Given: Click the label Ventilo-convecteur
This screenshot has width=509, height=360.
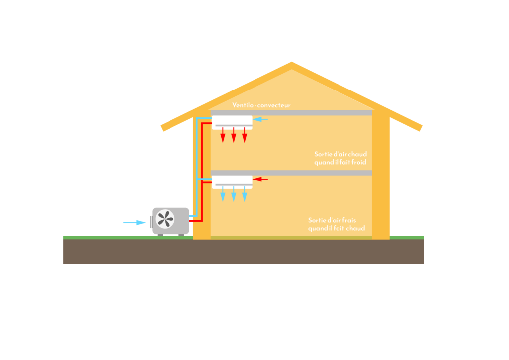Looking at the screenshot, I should tap(261, 105).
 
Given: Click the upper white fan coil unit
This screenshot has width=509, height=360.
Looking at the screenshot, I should tap(232, 121).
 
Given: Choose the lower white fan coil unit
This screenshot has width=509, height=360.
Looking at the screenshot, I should tap(232, 181).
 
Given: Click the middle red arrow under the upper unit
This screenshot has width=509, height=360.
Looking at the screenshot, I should tap(234, 135).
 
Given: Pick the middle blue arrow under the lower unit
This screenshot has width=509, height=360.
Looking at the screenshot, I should tap(234, 194).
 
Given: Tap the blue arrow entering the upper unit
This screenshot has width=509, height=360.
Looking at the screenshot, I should tap(261, 119).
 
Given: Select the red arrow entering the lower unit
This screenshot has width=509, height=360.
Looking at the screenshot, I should tap(261, 179).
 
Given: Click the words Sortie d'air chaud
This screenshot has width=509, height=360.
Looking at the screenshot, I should tap(340, 154).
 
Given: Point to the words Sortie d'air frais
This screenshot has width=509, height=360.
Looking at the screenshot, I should tap(336, 220).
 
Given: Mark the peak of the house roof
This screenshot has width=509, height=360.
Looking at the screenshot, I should tap(292, 63).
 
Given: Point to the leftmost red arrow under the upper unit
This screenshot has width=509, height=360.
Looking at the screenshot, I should tap(223, 135).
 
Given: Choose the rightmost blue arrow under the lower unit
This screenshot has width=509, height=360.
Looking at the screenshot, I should tap(245, 194).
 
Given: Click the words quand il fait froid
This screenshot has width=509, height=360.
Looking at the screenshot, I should tap(340, 163).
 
